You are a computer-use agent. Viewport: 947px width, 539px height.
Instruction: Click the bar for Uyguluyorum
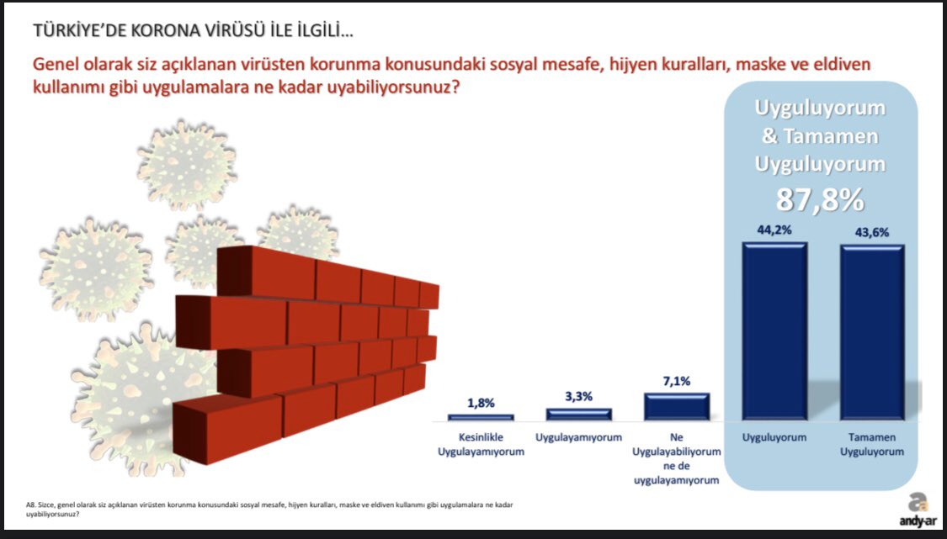775,330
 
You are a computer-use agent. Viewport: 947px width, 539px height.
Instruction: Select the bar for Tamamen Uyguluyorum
872,332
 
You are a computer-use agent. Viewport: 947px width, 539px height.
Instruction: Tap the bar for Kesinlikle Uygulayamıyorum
481,417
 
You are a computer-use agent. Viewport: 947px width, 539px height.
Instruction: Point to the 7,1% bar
677,406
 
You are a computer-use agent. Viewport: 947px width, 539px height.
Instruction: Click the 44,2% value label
774,230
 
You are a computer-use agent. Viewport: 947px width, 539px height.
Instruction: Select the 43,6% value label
871,232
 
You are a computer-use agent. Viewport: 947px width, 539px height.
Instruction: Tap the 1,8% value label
481,403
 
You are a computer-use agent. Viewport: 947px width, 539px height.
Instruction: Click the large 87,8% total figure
820,200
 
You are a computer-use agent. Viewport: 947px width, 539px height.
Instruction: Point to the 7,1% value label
677,382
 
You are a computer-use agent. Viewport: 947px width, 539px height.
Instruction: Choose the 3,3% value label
578,397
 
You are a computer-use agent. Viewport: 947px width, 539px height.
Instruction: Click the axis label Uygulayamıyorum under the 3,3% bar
578,437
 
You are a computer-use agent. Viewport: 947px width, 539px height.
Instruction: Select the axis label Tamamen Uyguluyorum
872,444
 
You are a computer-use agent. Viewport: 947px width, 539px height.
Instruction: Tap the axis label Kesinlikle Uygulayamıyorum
481,444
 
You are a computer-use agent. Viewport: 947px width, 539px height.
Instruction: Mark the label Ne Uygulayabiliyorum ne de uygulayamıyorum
677,459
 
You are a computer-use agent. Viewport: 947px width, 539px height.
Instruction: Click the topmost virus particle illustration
187,164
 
